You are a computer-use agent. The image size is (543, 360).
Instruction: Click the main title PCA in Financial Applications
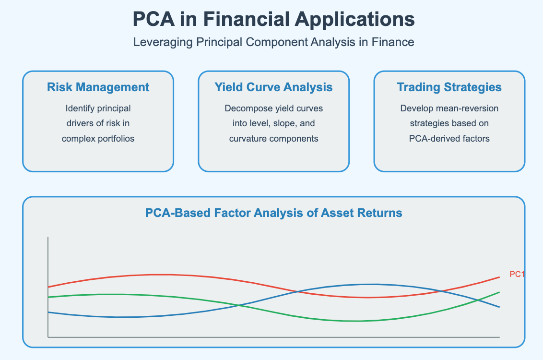273,19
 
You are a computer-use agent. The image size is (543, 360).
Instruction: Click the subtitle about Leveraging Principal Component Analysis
273,42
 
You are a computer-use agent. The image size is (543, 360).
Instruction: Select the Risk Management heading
98,87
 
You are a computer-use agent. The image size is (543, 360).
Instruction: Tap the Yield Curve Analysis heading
273,87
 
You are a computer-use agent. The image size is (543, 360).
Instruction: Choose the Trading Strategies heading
449,87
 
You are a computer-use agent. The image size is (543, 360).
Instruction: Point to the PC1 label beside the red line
517,274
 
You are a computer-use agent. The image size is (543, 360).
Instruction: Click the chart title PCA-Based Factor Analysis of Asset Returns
273,213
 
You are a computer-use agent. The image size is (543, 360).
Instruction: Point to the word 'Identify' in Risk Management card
78,108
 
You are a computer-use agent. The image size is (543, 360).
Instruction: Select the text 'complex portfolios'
98,139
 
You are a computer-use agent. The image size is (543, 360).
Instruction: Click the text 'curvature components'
273,139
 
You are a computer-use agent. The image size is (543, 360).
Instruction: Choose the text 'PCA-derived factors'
449,139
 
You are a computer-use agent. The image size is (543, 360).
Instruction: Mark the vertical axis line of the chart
48,287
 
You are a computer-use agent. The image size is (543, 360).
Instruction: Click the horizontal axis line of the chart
273,337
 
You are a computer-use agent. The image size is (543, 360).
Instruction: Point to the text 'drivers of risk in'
98,123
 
